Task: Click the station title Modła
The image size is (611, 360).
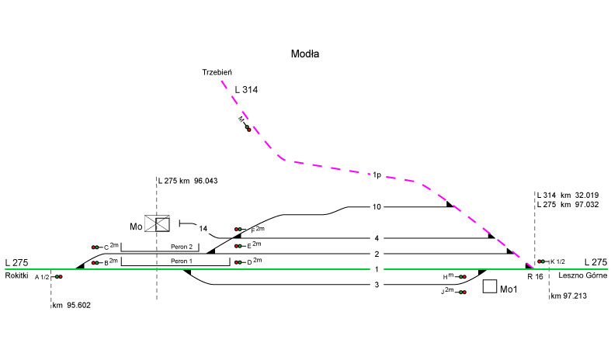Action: click(x=305, y=54)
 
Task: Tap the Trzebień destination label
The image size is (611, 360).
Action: click(x=217, y=72)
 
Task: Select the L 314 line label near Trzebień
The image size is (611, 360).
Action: click(x=245, y=90)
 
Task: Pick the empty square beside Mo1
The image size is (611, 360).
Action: click(x=490, y=286)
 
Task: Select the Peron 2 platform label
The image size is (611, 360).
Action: click(x=179, y=247)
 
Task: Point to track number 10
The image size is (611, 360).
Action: click(x=377, y=206)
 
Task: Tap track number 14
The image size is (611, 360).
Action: click(x=203, y=229)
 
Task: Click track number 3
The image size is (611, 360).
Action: click(x=376, y=285)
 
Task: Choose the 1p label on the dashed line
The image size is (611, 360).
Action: click(x=376, y=175)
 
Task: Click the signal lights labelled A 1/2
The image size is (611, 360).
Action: click(x=58, y=276)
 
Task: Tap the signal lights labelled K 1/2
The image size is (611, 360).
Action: click(x=542, y=261)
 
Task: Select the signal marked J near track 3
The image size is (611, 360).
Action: click(x=462, y=292)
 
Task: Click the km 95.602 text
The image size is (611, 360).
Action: click(x=71, y=305)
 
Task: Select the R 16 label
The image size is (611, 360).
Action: click(x=534, y=276)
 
